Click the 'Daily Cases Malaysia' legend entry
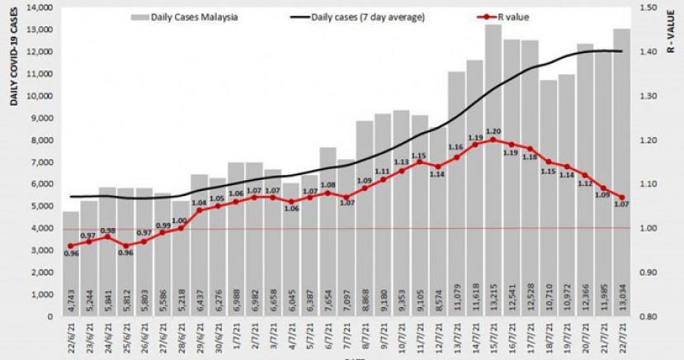[186, 17]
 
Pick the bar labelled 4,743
[71, 264]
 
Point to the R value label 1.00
[179, 220]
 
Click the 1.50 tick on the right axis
[650, 7]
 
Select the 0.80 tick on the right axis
[650, 316]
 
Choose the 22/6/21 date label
[71, 339]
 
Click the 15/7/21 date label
[493, 339]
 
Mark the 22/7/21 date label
[621, 339]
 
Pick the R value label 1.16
[455, 147]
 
